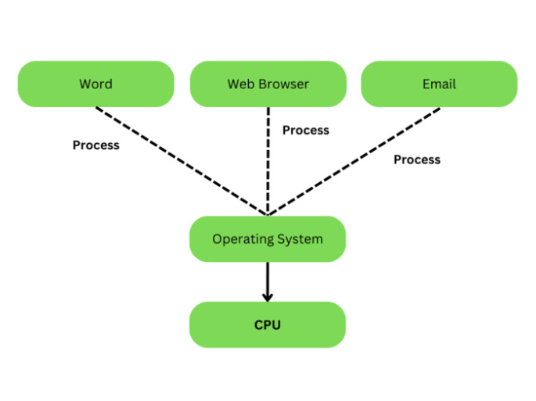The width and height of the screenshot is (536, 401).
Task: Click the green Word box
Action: click(x=95, y=84)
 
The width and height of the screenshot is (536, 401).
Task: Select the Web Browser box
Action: click(x=268, y=84)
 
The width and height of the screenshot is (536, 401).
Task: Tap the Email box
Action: click(x=439, y=84)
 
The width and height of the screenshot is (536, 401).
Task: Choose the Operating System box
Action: click(x=268, y=238)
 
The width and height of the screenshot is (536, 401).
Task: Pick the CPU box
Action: click(x=268, y=324)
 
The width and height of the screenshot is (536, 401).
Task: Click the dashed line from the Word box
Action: click(x=182, y=160)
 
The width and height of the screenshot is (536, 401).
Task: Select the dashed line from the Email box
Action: click(x=354, y=160)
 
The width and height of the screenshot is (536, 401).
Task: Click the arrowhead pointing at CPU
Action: click(x=268, y=296)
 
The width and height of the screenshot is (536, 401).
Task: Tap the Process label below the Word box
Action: click(x=95, y=145)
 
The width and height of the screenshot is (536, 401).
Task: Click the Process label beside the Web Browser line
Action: click(x=306, y=130)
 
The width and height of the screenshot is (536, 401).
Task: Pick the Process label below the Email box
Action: click(x=416, y=159)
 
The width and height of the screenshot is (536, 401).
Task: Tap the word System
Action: click(x=299, y=239)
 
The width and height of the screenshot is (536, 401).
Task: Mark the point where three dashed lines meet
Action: click(x=268, y=213)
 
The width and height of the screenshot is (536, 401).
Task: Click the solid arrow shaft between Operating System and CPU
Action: click(x=268, y=277)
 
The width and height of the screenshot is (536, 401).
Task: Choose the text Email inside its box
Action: click(x=439, y=84)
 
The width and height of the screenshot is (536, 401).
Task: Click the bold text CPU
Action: click(x=268, y=324)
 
